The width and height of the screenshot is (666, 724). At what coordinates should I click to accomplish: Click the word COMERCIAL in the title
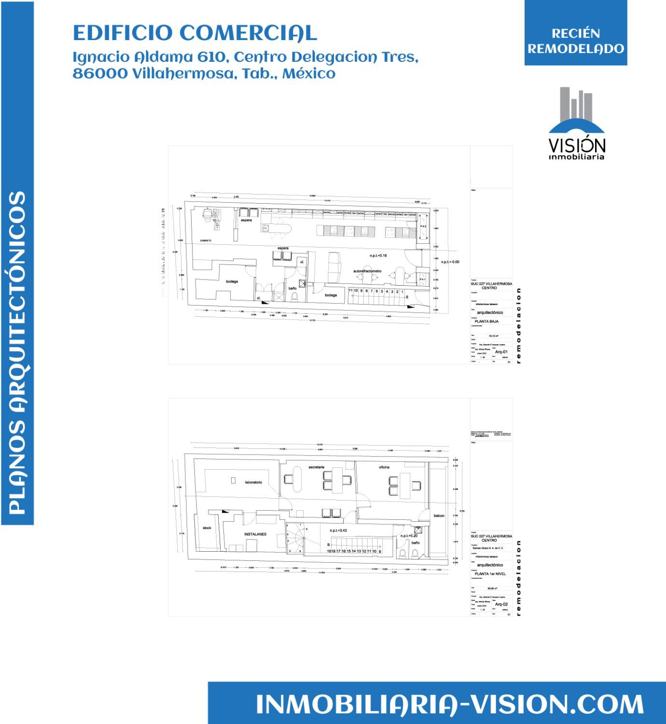click(248, 33)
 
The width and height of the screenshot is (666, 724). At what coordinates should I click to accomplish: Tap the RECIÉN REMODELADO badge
click(576, 41)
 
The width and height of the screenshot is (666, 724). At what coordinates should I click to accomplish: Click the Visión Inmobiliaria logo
click(576, 124)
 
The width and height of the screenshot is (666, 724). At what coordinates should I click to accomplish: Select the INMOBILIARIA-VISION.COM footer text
click(449, 704)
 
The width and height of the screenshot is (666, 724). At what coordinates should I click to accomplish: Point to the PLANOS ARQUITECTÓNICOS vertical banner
click(17, 352)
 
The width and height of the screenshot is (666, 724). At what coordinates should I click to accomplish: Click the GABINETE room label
click(206, 240)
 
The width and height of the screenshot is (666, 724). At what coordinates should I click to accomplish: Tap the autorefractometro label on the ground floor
click(367, 271)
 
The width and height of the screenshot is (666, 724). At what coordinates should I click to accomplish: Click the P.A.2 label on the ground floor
click(423, 226)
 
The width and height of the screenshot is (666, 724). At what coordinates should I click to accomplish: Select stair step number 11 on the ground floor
click(351, 291)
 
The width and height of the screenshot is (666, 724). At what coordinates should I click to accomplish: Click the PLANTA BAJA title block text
click(487, 321)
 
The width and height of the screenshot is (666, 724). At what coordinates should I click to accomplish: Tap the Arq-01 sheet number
click(501, 352)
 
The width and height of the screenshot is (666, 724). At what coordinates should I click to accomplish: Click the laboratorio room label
click(253, 482)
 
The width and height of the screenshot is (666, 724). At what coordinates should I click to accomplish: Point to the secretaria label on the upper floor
click(317, 467)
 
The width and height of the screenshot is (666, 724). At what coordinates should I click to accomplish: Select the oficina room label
click(384, 467)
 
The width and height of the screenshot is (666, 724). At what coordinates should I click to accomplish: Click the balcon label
click(439, 516)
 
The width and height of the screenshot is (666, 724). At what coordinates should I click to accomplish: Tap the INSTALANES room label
click(256, 534)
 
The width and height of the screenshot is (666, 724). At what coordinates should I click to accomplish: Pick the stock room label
click(207, 528)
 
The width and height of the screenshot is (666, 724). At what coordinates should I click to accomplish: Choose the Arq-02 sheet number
click(501, 604)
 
